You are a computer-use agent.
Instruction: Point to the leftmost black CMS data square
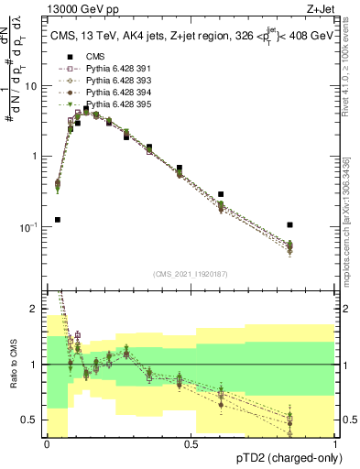point(58,220)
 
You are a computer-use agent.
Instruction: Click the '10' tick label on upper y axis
point(33,85)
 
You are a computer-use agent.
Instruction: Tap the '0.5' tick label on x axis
point(191,444)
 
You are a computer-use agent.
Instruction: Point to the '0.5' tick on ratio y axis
point(33,420)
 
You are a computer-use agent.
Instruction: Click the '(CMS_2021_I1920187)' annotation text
point(191,273)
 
